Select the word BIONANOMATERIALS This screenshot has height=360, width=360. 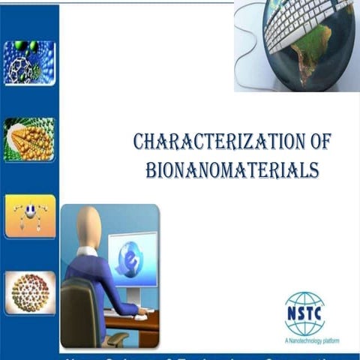(x=232, y=169)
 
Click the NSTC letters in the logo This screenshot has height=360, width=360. (x=304, y=307)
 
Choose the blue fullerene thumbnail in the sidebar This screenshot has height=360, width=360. (x=29, y=61)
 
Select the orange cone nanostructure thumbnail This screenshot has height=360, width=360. (x=29, y=139)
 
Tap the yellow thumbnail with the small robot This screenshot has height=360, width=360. (x=29, y=216)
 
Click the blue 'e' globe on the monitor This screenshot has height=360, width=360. (x=131, y=259)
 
